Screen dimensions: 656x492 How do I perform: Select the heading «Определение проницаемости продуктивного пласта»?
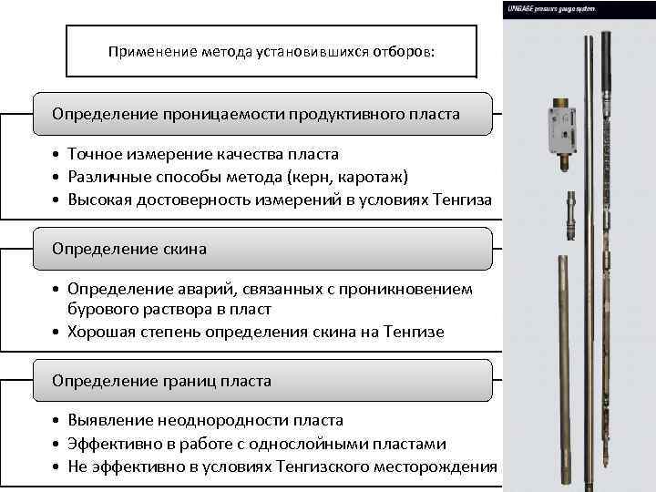[256, 115]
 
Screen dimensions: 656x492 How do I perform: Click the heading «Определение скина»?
[129, 249]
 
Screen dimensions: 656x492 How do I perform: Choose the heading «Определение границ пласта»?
[161, 381]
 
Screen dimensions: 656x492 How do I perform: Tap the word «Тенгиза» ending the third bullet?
[459, 199]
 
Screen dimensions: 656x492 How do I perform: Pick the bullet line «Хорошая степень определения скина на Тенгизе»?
[255, 332]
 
